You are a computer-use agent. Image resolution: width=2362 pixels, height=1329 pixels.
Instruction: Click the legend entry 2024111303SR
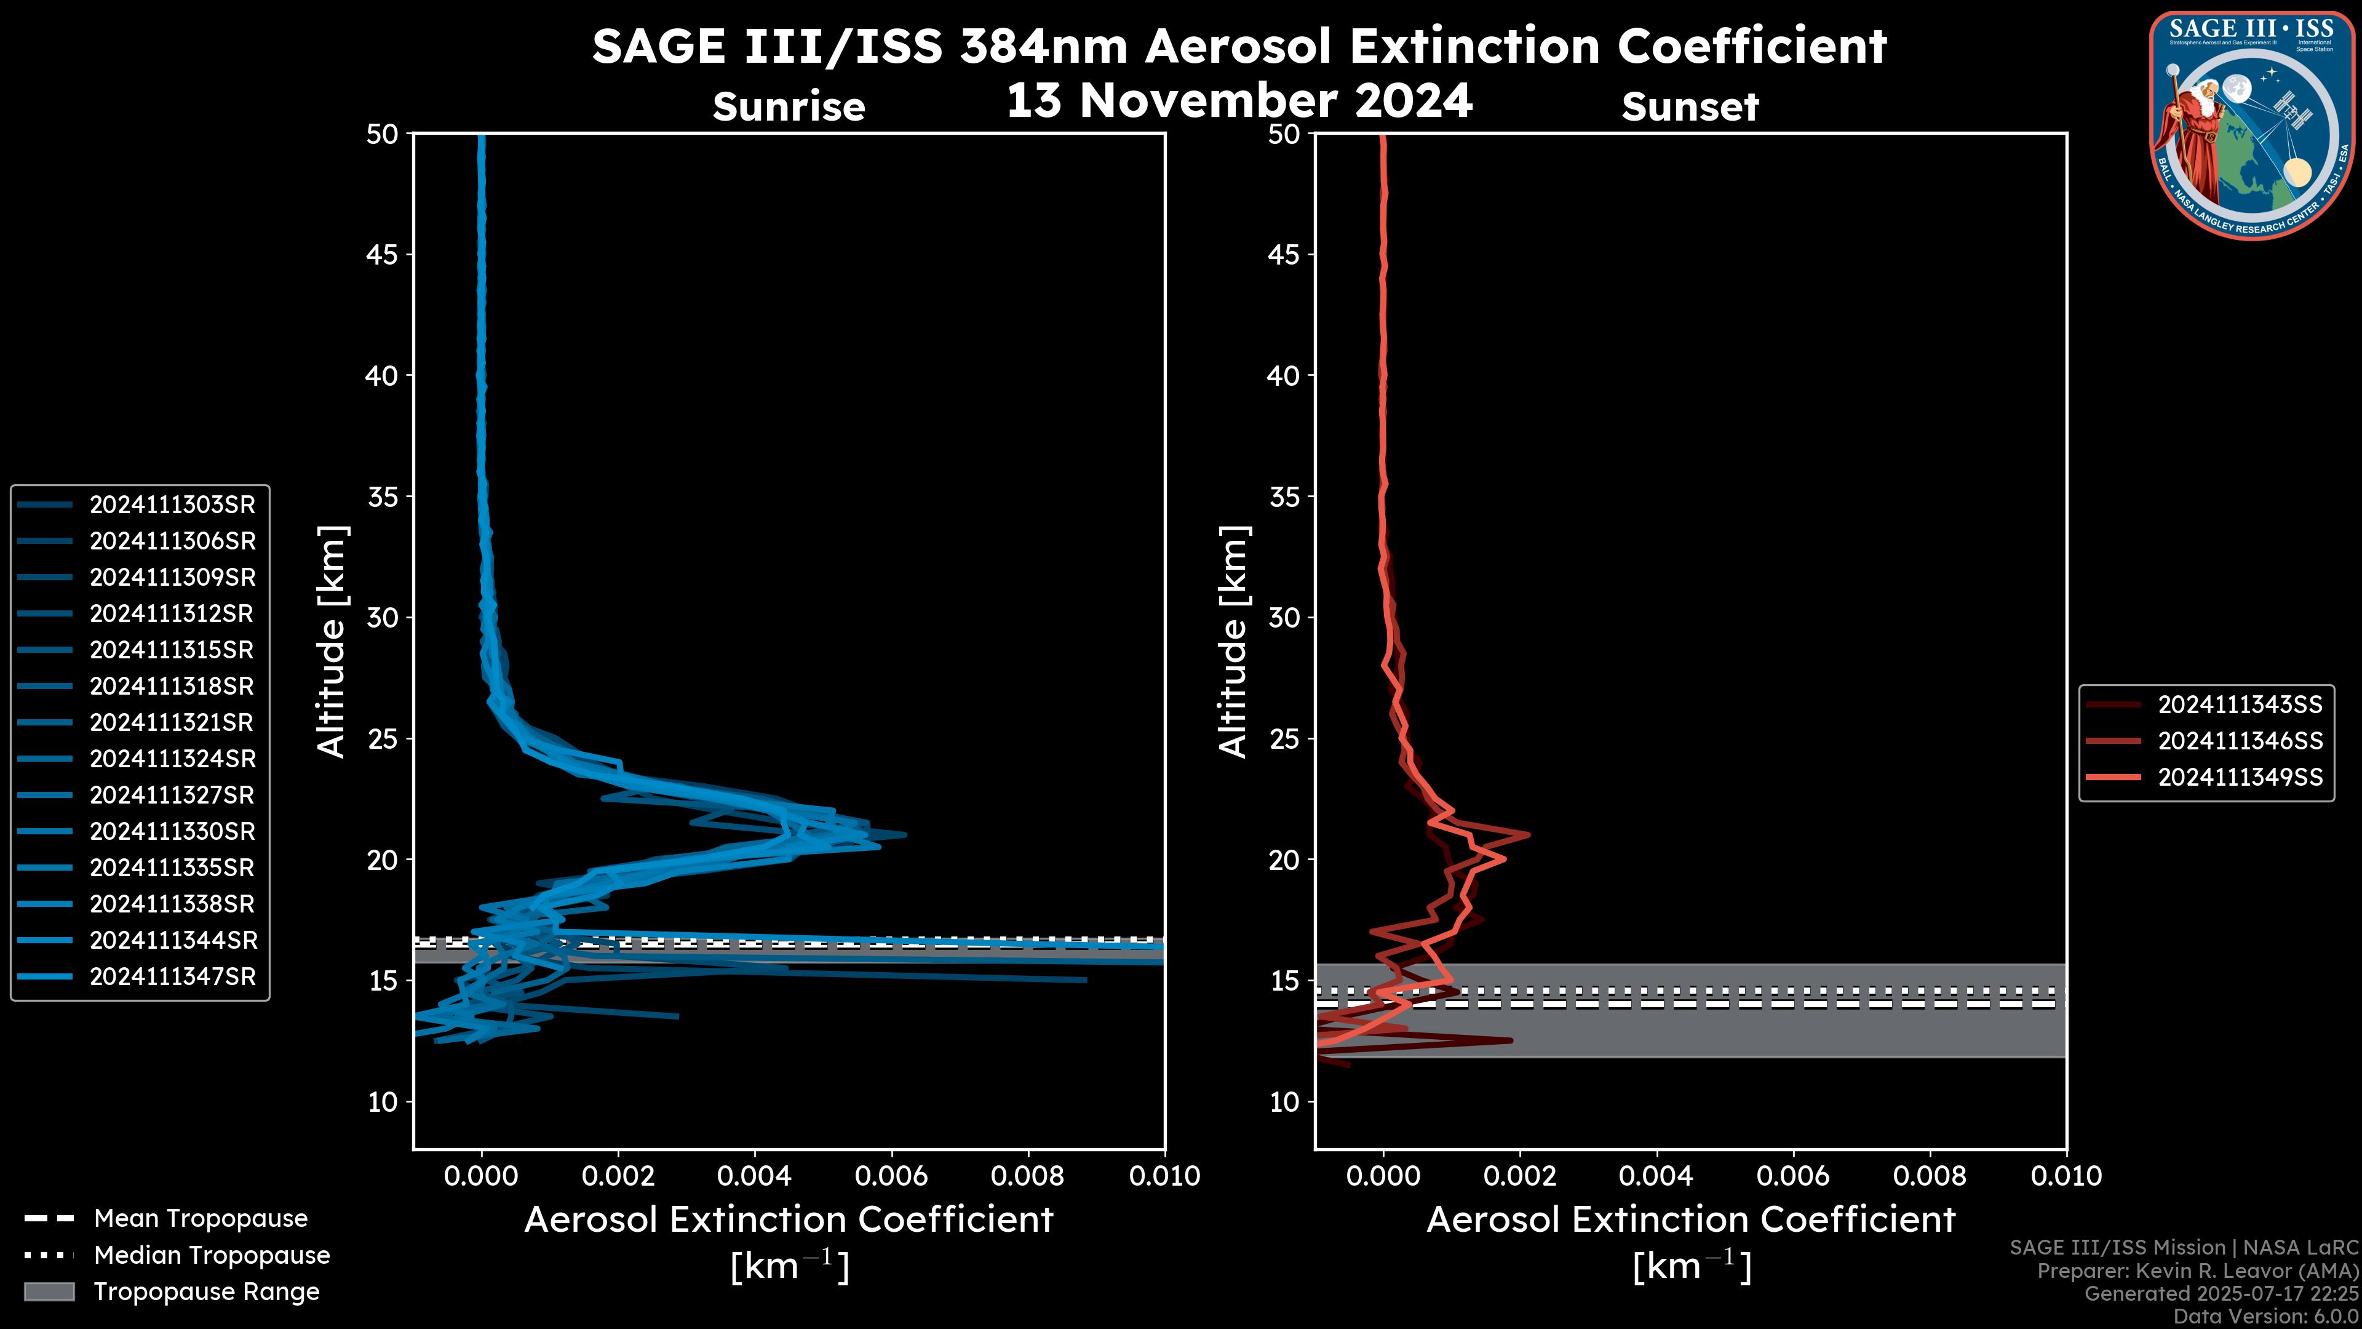[x=172, y=505]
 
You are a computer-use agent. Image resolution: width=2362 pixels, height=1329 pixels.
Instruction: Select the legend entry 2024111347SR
[x=172, y=977]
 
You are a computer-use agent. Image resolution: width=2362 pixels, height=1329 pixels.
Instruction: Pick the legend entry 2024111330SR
[x=172, y=831]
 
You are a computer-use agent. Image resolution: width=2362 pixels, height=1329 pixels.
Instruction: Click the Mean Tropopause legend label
[x=201, y=1219]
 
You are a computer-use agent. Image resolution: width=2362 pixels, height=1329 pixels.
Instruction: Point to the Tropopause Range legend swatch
[x=49, y=1291]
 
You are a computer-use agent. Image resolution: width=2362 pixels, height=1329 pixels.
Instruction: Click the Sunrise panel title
[x=789, y=107]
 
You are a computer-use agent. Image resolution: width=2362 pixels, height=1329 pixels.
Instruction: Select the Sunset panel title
[x=1690, y=107]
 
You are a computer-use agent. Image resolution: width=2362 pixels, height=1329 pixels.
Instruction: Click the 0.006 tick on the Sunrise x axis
[x=892, y=1176]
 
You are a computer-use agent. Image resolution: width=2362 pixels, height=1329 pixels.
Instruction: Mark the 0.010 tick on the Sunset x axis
[x=2067, y=1176]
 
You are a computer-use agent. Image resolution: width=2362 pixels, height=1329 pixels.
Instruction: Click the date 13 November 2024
[x=1239, y=101]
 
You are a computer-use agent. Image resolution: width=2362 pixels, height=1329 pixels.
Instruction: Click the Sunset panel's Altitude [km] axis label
[x=1233, y=642]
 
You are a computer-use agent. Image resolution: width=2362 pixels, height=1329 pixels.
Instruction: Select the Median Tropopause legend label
[x=212, y=1256]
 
